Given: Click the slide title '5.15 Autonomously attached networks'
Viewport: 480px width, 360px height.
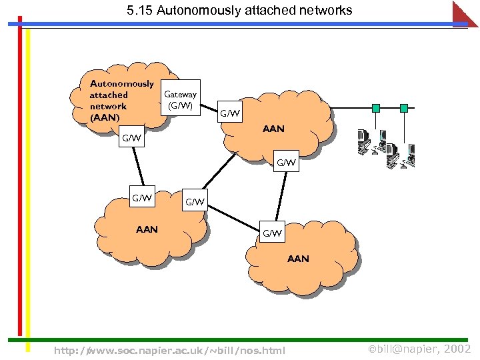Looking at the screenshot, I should pos(239,11).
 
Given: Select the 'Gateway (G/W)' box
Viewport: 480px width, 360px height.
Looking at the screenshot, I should pos(180,99).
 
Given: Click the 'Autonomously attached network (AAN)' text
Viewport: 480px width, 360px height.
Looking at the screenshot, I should pos(121,101).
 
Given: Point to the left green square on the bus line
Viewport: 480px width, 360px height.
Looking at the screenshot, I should pos(376,107).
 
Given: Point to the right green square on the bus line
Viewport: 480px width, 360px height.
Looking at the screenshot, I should pos(403,107).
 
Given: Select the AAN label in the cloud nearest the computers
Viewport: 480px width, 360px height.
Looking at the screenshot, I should pos(273,129).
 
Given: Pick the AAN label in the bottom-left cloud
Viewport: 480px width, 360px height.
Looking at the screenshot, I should pos(147,229).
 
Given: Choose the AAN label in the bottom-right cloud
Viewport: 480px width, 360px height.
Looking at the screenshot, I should pos(298,259).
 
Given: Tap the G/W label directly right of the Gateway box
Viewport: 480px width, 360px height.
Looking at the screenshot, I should pos(230,113).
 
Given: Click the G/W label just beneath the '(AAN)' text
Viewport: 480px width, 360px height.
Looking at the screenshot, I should pos(131,139).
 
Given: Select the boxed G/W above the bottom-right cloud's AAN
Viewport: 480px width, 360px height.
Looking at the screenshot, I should pos(272,233).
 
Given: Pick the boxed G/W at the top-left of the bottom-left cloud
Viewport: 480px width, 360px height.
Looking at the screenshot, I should pos(143,198).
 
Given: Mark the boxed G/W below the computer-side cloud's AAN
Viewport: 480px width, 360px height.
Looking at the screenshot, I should pos(287,162).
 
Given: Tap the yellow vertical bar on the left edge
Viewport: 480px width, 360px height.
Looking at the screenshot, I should pos(28,180).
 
